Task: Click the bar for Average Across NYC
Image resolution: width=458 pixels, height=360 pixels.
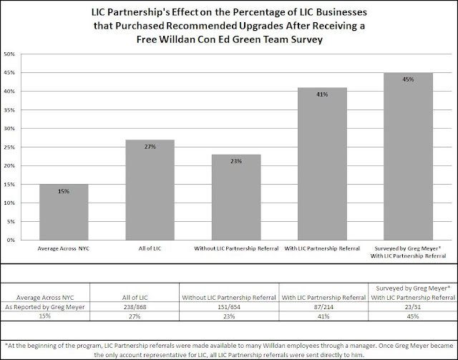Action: coord(64,212)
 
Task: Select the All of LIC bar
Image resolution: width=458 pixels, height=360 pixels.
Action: coord(150,190)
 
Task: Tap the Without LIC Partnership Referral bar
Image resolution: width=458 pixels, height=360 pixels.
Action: coord(236,198)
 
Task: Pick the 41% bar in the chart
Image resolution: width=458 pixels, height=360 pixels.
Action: coord(322,164)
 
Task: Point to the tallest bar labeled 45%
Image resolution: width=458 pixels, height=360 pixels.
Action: coord(408,156)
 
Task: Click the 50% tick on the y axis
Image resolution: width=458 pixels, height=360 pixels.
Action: coord(9,54)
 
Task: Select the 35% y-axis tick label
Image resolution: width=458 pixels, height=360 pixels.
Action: coord(9,110)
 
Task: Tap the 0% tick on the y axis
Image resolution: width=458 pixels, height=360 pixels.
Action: coord(11,240)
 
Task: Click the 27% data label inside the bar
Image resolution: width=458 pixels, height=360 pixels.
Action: coord(150,147)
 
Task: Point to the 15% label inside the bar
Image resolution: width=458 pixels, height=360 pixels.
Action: coord(64,191)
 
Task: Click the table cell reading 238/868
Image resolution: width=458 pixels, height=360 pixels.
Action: coord(135,307)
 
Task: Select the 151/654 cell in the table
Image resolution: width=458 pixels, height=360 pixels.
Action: coord(229,307)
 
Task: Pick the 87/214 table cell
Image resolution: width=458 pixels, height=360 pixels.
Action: coord(323,307)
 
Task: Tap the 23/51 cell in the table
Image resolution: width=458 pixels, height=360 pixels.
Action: coord(413,307)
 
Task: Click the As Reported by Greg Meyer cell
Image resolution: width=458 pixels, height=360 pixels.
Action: coord(45,307)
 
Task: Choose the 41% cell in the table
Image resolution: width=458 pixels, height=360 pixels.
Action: coord(323,316)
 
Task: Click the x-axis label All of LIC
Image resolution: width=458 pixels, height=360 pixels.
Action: coord(150,248)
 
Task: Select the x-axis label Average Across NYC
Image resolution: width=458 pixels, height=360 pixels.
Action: coord(64,248)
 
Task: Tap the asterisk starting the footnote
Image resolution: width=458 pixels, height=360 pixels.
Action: coord(6,345)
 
